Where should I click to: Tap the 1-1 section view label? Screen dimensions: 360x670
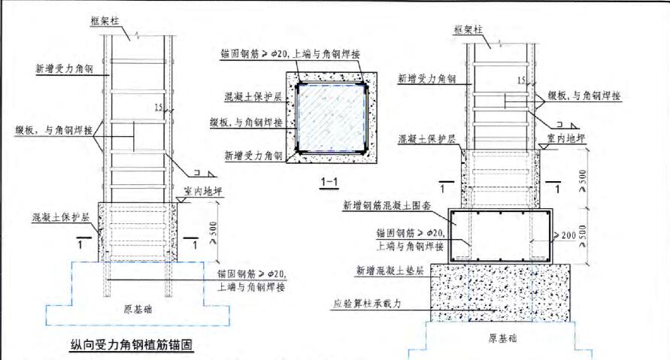pyautogui.click(x=329, y=181)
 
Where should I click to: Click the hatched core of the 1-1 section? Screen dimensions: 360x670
pyautogui.click(x=329, y=115)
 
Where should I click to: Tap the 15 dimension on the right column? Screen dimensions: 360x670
pyautogui.click(x=521, y=80)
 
